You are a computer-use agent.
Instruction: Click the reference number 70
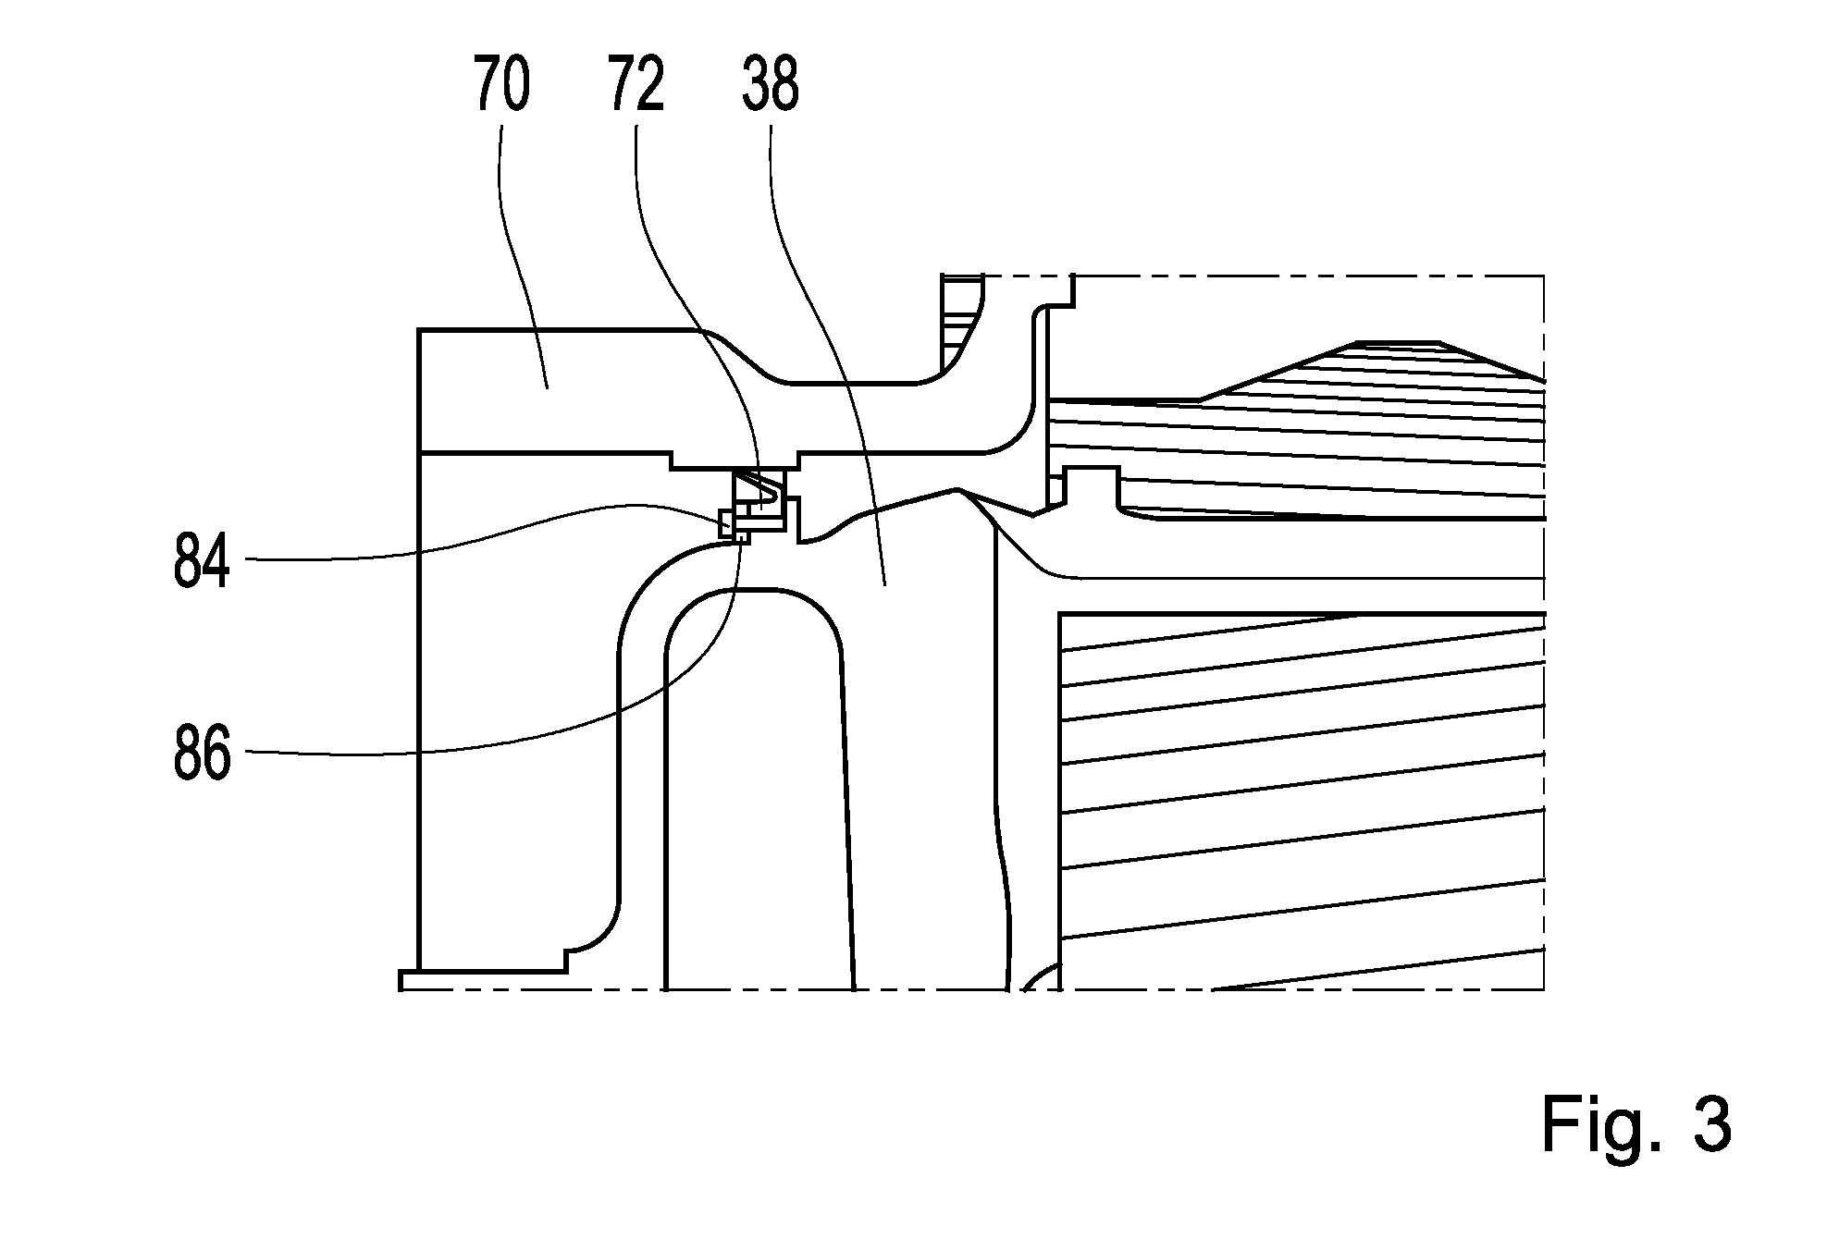pos(502,83)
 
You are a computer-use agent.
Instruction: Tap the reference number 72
pos(636,83)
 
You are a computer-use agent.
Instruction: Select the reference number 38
pos(771,83)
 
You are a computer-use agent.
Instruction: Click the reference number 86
pos(202,753)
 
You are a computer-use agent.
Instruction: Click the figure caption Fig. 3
pos(1636,1125)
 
